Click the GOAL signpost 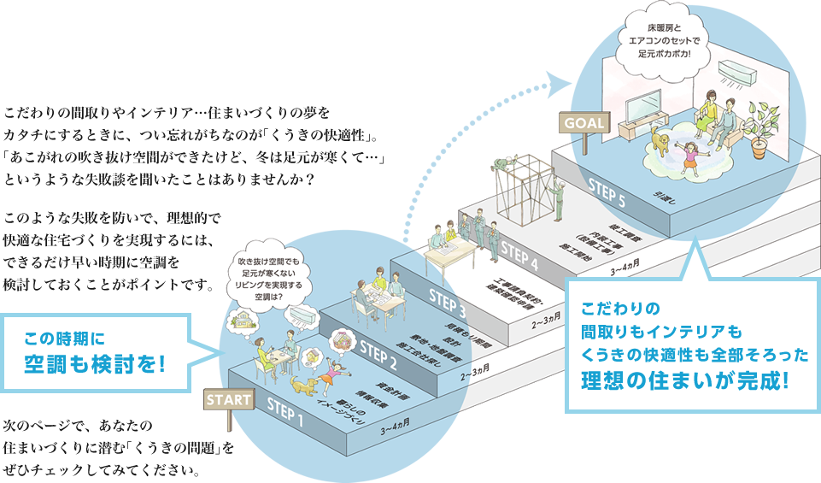click(x=583, y=122)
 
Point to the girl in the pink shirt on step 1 click(x=336, y=374)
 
